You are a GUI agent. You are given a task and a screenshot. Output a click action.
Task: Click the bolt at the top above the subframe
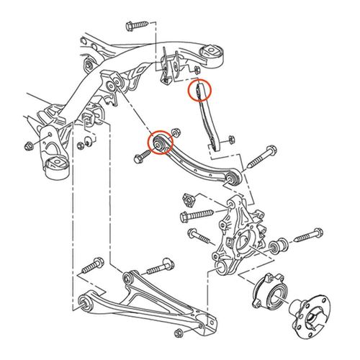tap(135, 25)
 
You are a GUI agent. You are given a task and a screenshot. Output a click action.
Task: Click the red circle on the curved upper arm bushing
tap(158, 142)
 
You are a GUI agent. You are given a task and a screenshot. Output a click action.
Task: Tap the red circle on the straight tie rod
tap(199, 91)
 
